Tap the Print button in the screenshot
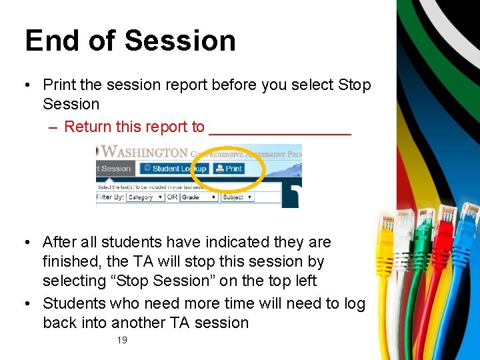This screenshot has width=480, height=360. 229,169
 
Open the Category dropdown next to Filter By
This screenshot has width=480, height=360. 145,197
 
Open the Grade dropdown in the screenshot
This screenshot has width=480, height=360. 199,197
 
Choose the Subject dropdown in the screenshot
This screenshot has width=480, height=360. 237,197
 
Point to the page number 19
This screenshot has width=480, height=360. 122,340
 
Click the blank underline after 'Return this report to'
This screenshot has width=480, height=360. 280,128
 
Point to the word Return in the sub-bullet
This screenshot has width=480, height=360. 87,127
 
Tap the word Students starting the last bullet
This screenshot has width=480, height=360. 74,303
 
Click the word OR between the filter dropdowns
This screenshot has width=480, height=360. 173,197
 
